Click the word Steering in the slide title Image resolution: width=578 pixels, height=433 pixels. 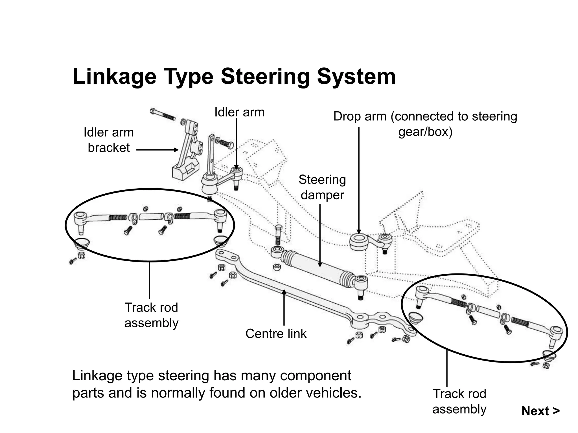click(x=265, y=77)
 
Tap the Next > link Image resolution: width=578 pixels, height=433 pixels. click(x=540, y=411)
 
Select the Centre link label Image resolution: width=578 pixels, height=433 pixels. click(x=276, y=334)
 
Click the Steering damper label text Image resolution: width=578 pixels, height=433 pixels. click(x=322, y=187)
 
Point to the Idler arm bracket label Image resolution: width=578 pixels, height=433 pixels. click(x=109, y=140)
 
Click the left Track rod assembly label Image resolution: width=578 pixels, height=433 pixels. click(x=151, y=315)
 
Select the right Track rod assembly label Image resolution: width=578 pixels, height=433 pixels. click(x=459, y=401)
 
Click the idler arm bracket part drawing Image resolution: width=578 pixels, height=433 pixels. click(x=186, y=158)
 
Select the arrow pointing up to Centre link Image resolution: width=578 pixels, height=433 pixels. click(x=284, y=307)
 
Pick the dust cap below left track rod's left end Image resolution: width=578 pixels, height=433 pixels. click(x=82, y=243)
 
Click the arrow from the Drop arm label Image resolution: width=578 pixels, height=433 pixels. click(x=359, y=180)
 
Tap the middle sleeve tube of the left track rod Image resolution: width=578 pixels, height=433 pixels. click(x=151, y=217)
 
